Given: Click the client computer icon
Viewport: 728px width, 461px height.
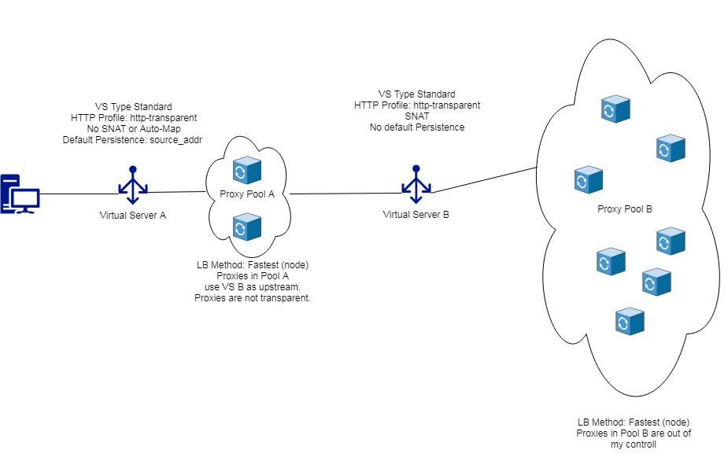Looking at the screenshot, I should [x=20, y=193].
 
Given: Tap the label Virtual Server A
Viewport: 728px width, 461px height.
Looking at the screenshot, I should [x=132, y=216].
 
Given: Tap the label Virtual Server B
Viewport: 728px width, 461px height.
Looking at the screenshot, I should [x=416, y=214].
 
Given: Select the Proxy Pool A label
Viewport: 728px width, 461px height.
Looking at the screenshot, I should [x=246, y=195].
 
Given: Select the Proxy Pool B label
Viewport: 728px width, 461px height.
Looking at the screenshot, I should [x=624, y=208].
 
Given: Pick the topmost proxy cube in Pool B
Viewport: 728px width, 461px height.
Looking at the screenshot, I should [x=615, y=109].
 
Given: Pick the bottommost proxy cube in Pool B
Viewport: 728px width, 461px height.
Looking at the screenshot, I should [x=630, y=321].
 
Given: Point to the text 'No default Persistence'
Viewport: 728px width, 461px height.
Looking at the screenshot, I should [x=416, y=127].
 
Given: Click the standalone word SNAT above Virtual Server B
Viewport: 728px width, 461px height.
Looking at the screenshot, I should [x=416, y=116].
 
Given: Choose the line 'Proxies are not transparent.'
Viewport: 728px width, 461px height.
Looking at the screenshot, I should [x=252, y=298].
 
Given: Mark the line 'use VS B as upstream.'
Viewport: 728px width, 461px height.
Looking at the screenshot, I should [x=252, y=287].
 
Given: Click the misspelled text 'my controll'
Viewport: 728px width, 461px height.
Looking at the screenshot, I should [x=633, y=444].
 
